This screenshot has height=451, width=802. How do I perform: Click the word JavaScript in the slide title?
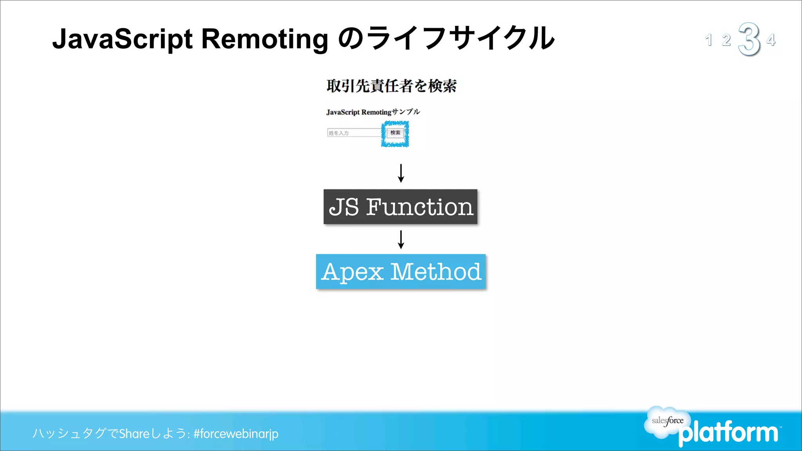tap(122, 39)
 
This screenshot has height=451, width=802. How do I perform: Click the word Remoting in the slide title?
tap(265, 39)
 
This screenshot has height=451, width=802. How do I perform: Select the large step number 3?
tap(749, 39)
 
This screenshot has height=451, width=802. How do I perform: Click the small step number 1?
tap(708, 40)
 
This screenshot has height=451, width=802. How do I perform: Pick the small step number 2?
tap(726, 40)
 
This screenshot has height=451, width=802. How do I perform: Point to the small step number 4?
tap(771, 40)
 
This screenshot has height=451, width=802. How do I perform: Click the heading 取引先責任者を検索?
tap(392, 86)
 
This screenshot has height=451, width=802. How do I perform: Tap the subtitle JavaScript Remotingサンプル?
tap(373, 112)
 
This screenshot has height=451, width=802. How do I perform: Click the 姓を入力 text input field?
tap(354, 133)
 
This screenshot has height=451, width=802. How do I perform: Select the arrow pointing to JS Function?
tap(401, 173)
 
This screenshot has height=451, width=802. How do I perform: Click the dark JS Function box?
tap(400, 207)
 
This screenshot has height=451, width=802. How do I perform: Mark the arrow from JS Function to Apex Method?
tap(401, 239)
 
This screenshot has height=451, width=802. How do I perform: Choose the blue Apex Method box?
tap(401, 271)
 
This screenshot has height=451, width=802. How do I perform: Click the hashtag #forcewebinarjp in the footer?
tap(236, 433)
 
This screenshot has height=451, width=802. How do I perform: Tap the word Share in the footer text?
tap(134, 433)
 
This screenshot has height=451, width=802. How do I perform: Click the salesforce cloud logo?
tap(667, 421)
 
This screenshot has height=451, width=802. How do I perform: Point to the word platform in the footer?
tap(728, 433)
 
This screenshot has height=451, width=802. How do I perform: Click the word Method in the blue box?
tap(436, 271)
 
